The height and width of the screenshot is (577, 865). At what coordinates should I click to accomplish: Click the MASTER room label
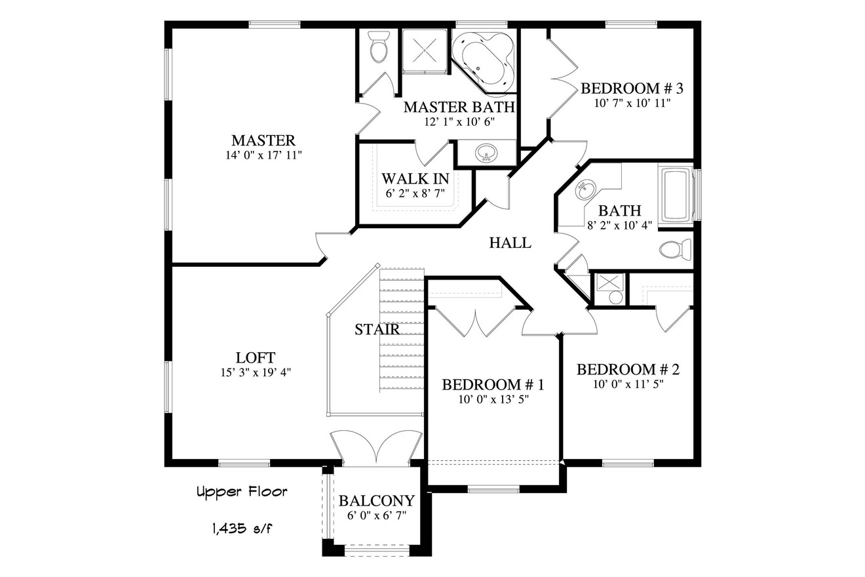pyautogui.click(x=263, y=140)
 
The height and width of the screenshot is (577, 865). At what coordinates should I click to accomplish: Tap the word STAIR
pyautogui.click(x=377, y=329)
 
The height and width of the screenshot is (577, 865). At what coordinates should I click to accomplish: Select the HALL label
pyautogui.click(x=510, y=243)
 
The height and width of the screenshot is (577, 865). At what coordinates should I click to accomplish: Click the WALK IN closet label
pyautogui.click(x=415, y=178)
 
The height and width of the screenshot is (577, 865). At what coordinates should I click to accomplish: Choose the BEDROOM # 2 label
pyautogui.click(x=628, y=370)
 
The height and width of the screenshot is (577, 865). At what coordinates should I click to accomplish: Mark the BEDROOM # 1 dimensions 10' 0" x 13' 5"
pyautogui.click(x=493, y=399)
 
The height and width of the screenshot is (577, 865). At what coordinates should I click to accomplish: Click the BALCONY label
pyautogui.click(x=376, y=501)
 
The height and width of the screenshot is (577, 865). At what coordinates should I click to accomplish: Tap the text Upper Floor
pyautogui.click(x=242, y=492)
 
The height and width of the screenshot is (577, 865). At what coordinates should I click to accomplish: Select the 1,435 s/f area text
pyautogui.click(x=242, y=527)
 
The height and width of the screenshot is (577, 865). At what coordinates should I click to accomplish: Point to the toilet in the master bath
pyautogui.click(x=378, y=48)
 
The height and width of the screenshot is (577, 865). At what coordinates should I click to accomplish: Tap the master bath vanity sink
pyautogui.click(x=486, y=153)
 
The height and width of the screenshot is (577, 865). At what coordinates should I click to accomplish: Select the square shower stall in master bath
pyautogui.click(x=424, y=51)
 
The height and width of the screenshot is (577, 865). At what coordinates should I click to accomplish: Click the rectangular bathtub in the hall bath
pyautogui.click(x=676, y=195)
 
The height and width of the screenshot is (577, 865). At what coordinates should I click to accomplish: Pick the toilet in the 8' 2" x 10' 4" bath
pyautogui.click(x=675, y=250)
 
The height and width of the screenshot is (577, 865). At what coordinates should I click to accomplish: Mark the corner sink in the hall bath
pyautogui.click(x=585, y=192)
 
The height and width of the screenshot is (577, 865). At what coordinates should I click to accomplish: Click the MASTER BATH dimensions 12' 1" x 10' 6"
pyautogui.click(x=459, y=121)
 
